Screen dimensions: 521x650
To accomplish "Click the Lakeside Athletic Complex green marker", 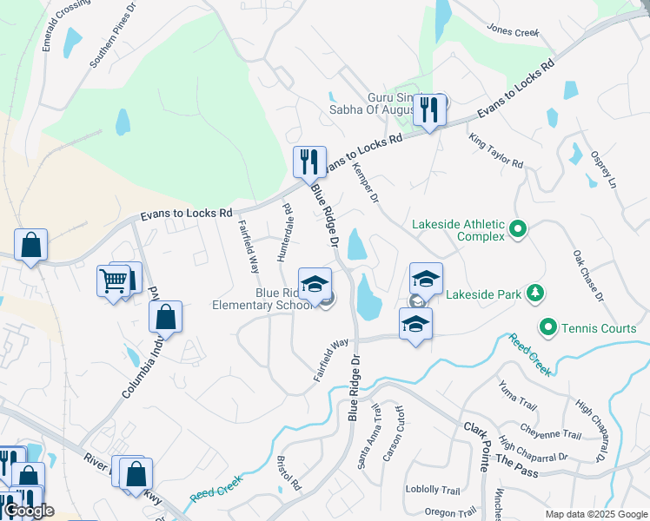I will coord(518,230).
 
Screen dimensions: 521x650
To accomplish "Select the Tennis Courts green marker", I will coord(547,328).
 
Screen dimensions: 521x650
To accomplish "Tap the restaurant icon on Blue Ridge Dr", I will coord(308,162).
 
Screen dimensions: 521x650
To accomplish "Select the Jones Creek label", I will coord(514,32).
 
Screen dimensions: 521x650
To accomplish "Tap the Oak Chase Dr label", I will coord(587,276).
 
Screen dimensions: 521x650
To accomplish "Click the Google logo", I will coord(29,511).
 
